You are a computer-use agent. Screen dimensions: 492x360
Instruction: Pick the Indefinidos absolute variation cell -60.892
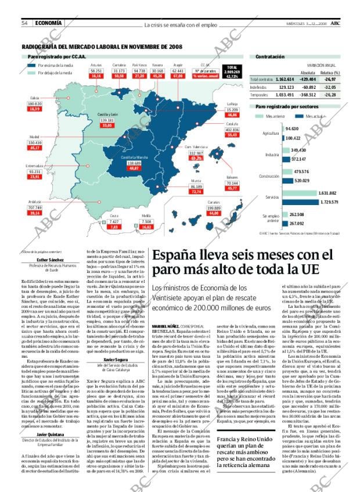coord(308,87)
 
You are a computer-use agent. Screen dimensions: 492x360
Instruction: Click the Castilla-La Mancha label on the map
coord(133,157)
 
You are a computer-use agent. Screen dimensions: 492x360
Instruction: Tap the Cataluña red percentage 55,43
coord(233,134)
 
